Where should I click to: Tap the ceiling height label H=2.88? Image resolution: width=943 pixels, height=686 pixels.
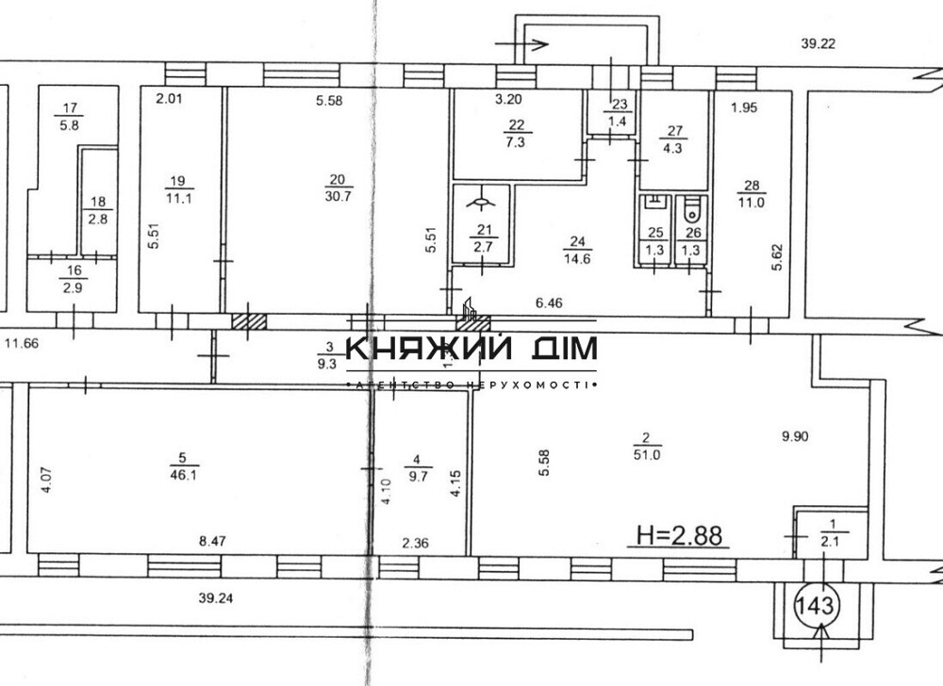[679, 536]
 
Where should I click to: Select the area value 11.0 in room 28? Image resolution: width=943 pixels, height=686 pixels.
[751, 201]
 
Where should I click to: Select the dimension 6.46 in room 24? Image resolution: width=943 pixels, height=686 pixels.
[554, 302]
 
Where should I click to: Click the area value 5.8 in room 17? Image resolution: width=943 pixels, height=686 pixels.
[69, 122]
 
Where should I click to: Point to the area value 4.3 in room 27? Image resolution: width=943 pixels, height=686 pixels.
[673, 147]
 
